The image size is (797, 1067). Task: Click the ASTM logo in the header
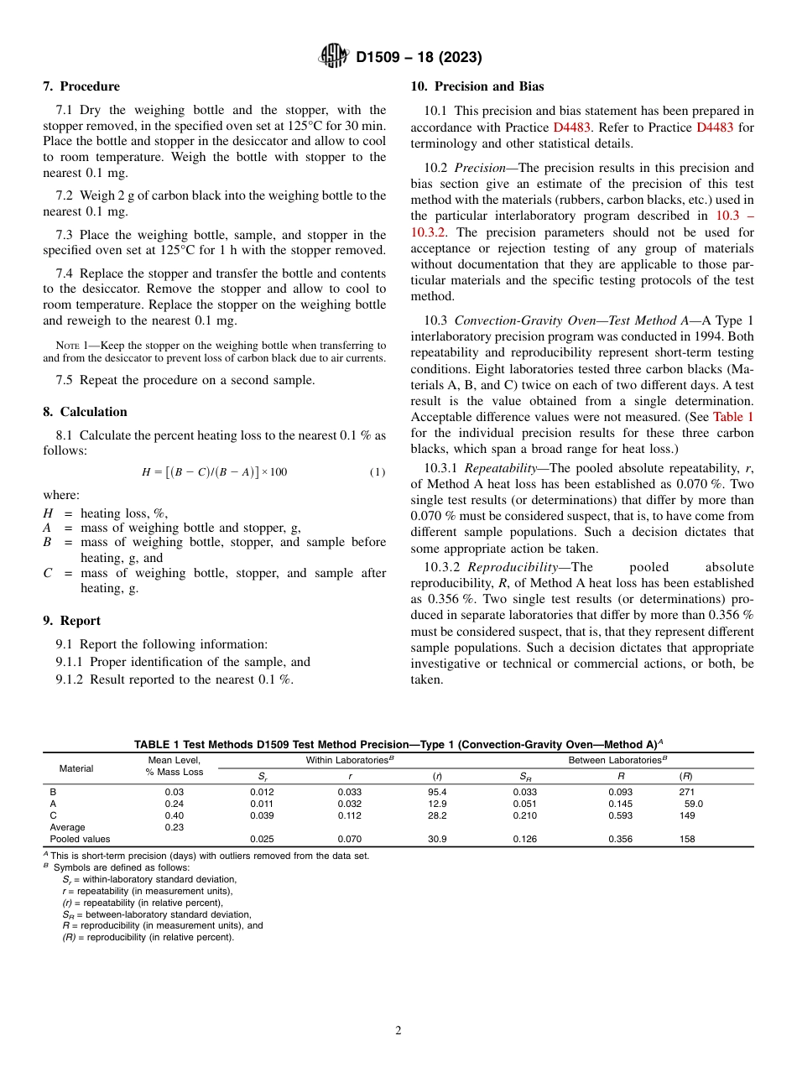pyautogui.click(x=336, y=56)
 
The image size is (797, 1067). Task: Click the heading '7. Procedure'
pyautogui.click(x=81, y=86)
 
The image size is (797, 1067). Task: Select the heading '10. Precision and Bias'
pyautogui.click(x=477, y=86)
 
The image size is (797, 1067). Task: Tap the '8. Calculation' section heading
pyautogui.click(x=86, y=412)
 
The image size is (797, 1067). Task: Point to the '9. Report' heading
pyautogui.click(x=72, y=621)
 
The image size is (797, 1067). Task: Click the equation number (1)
pyautogui.click(x=378, y=472)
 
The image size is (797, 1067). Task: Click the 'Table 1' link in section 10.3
pyautogui.click(x=733, y=417)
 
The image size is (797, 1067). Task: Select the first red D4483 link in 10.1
pyautogui.click(x=572, y=128)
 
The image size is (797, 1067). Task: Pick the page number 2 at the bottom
pyautogui.click(x=398, y=1031)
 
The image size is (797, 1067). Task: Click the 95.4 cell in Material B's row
pyautogui.click(x=437, y=792)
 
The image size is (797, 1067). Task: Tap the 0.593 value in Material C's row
pyautogui.click(x=621, y=815)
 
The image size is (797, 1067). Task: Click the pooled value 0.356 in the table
pyautogui.click(x=621, y=839)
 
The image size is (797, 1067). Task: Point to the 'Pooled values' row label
pyautogui.click(x=80, y=839)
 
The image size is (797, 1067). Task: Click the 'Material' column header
pyautogui.click(x=76, y=768)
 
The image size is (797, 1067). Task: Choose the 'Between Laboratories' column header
pyautogui.click(x=617, y=760)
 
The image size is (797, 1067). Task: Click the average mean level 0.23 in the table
pyautogui.click(x=174, y=827)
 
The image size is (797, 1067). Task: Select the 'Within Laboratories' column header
pyautogui.click(x=350, y=760)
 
